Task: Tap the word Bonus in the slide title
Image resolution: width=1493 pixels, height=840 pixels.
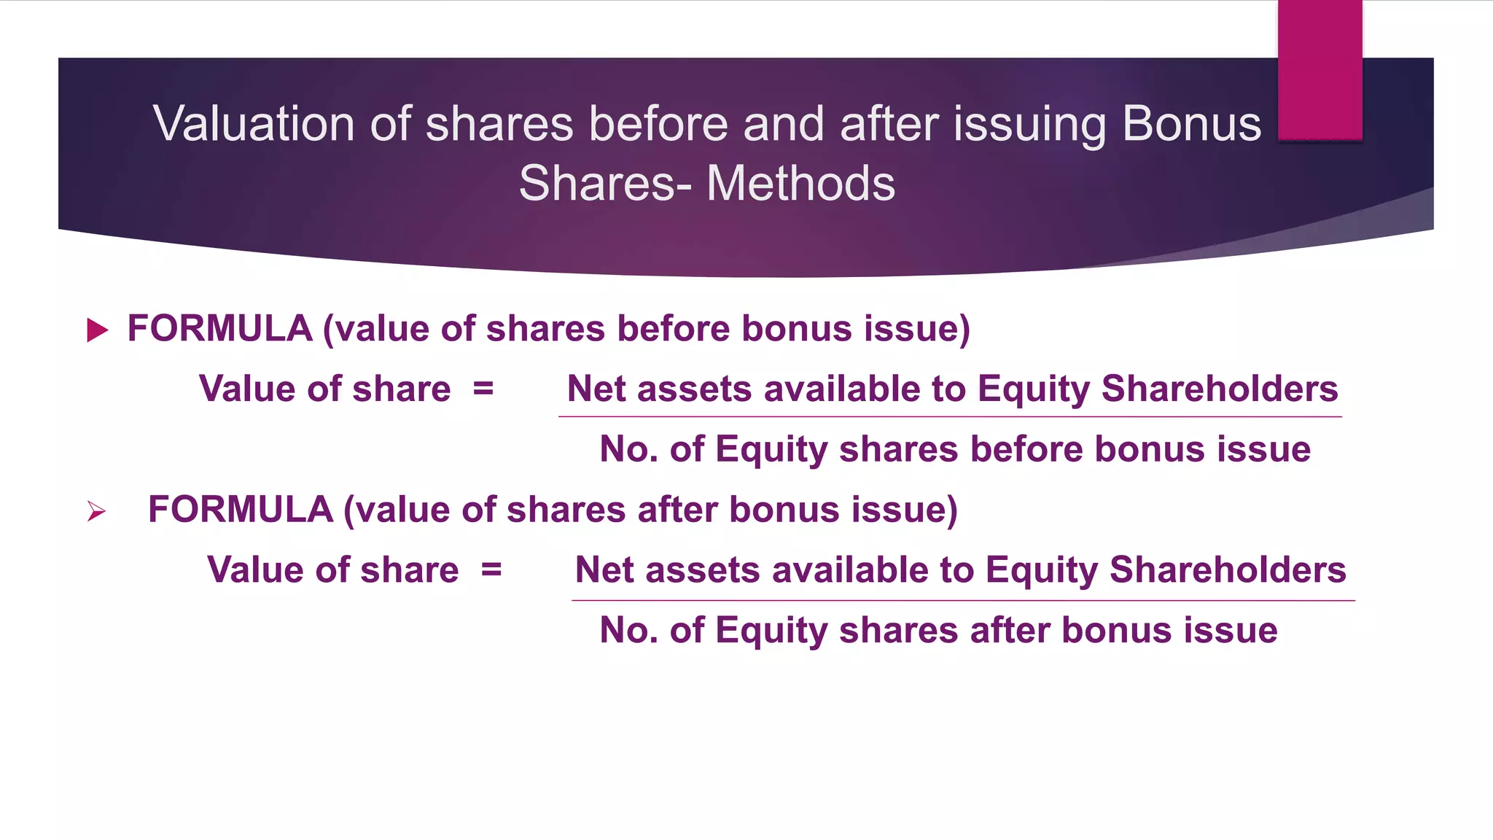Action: coord(1191,124)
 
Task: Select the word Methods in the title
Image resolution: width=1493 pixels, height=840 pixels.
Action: coord(800,183)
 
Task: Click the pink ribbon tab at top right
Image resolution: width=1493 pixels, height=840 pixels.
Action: coord(1319,69)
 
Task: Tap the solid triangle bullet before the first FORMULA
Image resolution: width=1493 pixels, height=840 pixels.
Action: coord(97,330)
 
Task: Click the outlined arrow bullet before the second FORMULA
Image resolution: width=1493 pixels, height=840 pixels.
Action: coord(96,511)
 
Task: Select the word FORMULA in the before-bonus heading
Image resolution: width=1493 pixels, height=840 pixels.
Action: coord(219,329)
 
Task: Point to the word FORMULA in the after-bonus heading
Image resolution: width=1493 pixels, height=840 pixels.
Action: coord(240,510)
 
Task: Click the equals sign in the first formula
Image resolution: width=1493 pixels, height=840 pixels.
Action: coord(483,389)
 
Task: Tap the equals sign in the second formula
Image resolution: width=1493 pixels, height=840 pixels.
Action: coord(491,569)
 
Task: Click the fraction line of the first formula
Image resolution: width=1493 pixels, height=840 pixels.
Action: coord(949,417)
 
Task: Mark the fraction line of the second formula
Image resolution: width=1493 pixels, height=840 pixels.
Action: coord(962,601)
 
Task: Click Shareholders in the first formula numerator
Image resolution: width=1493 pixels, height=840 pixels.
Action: coord(1219,389)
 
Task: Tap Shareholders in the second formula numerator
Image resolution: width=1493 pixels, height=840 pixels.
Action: coord(1228,569)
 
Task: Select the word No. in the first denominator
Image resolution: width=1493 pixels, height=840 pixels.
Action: coord(628,449)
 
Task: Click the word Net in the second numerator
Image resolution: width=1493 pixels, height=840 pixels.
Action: coord(604,569)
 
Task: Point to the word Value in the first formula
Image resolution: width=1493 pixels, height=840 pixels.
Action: coord(246,389)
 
